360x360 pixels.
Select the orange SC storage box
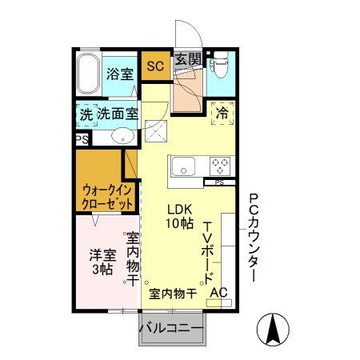tap(154, 66)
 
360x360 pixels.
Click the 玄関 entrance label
tap(189, 59)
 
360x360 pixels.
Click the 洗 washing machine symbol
tap(85, 114)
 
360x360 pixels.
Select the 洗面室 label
tap(117, 114)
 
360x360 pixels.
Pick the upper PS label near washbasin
tap(81, 138)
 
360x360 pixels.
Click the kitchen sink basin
tap(182, 167)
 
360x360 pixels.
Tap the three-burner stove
tap(220, 166)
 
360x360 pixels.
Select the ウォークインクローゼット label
tap(106, 197)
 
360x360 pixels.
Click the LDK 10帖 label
tap(180, 217)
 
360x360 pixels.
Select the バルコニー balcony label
tap(171, 328)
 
